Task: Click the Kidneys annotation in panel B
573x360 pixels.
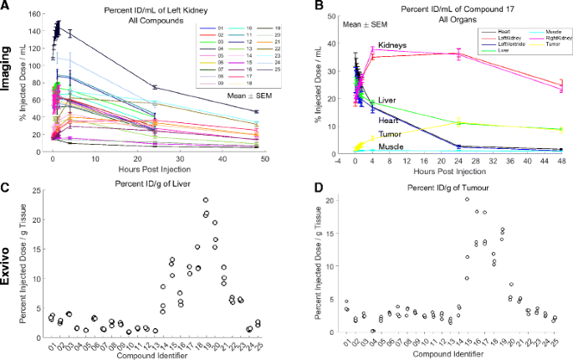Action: (392, 44)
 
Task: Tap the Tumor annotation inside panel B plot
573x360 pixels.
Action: (390, 133)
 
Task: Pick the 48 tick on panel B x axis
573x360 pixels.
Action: (561, 158)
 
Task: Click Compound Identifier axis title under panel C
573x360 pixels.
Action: (156, 354)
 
